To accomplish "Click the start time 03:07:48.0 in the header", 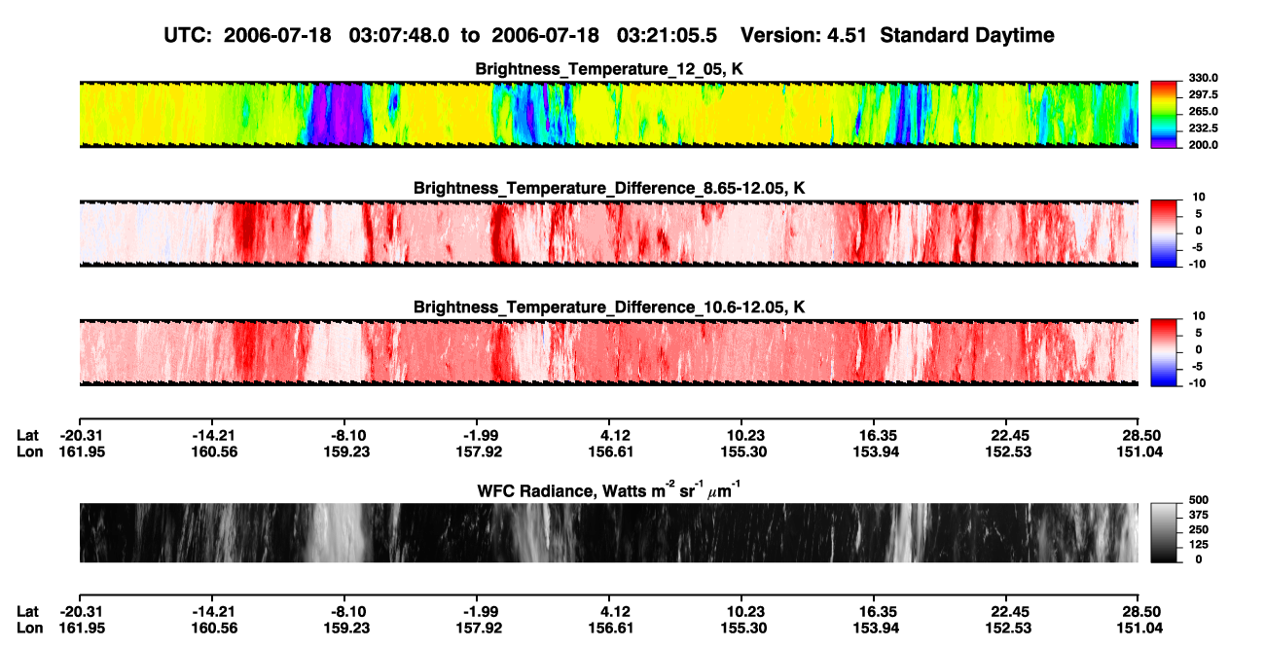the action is pyautogui.click(x=399, y=35).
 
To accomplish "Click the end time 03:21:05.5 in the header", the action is pyautogui.click(x=667, y=35).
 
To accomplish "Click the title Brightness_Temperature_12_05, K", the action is pyautogui.click(x=609, y=69).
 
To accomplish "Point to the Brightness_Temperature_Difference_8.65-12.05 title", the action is pyautogui.click(x=609, y=188).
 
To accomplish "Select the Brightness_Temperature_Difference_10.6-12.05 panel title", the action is pyautogui.click(x=609, y=307).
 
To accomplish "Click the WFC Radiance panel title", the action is pyautogui.click(x=609, y=489).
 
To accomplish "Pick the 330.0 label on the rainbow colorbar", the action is pyautogui.click(x=1203, y=78).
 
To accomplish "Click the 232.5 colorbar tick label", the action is pyautogui.click(x=1203, y=128).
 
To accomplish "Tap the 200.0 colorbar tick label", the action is pyautogui.click(x=1203, y=145).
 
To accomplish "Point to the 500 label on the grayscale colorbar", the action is pyautogui.click(x=1199, y=500).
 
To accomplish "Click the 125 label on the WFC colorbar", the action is pyautogui.click(x=1199, y=545).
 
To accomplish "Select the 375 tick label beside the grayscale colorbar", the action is pyautogui.click(x=1199, y=515).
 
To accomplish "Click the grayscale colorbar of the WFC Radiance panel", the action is pyautogui.click(x=1164, y=532).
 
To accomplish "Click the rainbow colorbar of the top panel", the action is pyautogui.click(x=1164, y=115).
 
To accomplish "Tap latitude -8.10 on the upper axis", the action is pyautogui.click(x=347, y=436).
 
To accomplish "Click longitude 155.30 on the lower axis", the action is pyautogui.click(x=743, y=629).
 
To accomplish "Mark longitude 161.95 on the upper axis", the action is pyautogui.click(x=82, y=451).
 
